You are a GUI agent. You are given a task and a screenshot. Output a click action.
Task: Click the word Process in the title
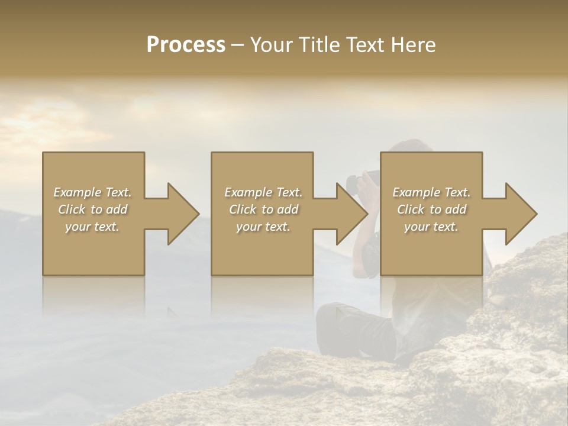[x=186, y=44]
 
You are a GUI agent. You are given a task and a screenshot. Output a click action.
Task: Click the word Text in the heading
[x=363, y=44]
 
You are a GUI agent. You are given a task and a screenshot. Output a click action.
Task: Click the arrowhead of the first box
[x=182, y=214]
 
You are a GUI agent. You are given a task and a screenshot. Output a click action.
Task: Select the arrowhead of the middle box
[x=351, y=214]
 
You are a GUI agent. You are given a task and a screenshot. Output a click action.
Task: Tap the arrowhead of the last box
[x=520, y=214]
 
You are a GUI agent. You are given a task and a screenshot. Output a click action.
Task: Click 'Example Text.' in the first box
[x=93, y=192]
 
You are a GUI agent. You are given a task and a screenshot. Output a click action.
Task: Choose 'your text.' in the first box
[x=93, y=227]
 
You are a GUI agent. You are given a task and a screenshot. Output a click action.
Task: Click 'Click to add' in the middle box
[x=263, y=209]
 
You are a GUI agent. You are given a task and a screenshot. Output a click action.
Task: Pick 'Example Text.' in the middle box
[x=263, y=192]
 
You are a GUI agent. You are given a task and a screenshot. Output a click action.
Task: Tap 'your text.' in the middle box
[x=263, y=227]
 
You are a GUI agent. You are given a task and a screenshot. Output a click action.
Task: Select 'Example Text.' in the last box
[x=431, y=192]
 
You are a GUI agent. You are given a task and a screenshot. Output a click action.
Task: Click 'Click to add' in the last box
[x=431, y=209]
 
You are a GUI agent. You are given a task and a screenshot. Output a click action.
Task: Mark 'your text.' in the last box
[x=431, y=227]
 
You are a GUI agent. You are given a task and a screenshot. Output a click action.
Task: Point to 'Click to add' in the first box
[x=93, y=209]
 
